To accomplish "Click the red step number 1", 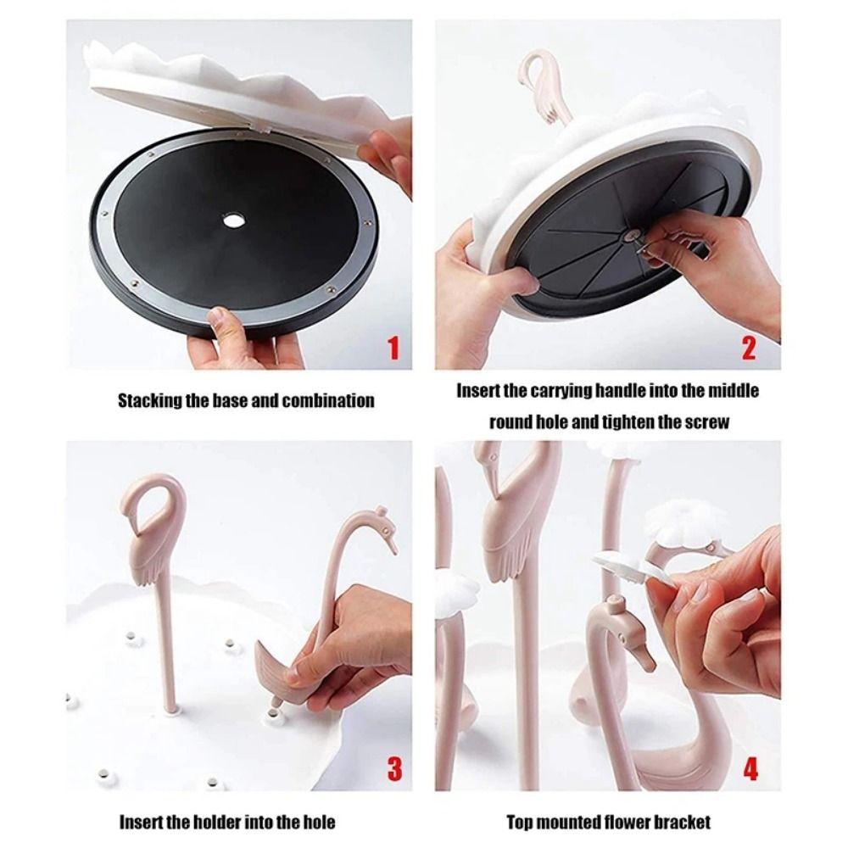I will coord(392,348).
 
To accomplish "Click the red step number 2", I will coord(748,348).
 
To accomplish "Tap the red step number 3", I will coord(394,769).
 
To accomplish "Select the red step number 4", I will coord(750,769).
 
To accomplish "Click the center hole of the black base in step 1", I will coord(232,220).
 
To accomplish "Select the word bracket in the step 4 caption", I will coord(682,822).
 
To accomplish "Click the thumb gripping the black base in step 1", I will coord(222,322).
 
